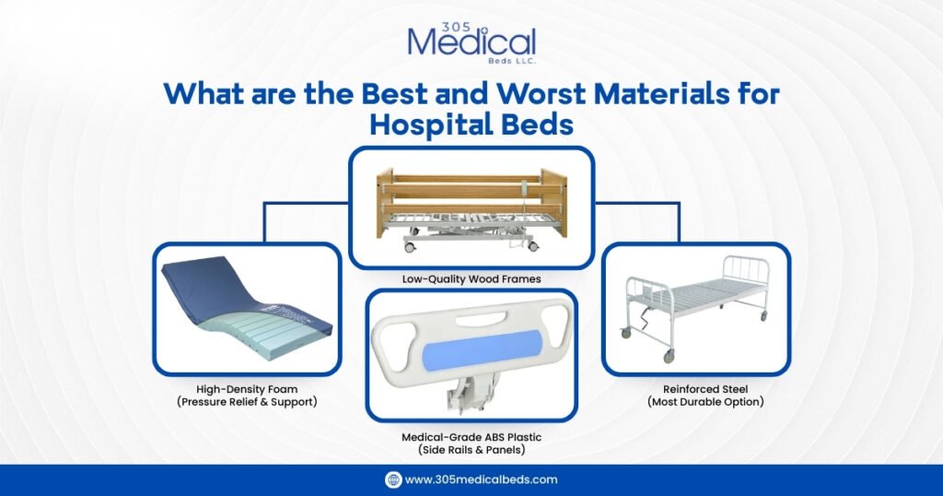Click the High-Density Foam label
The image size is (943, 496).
(246, 389)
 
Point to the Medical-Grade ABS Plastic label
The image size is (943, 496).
(471, 437)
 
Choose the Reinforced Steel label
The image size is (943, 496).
(695, 389)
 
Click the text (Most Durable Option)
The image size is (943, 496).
(695, 402)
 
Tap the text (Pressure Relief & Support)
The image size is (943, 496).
(246, 402)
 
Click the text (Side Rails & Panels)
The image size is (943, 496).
(471, 450)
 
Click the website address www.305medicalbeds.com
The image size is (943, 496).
(481, 479)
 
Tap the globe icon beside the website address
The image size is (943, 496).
(393, 479)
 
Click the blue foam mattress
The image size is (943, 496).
(244, 304)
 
